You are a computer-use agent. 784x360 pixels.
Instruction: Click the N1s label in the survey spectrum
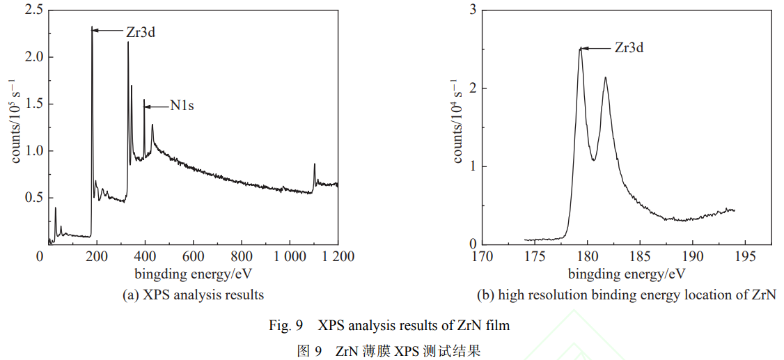click(182, 107)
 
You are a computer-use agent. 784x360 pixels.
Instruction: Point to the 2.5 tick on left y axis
click(33, 10)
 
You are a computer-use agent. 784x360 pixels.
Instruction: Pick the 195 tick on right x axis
click(745, 257)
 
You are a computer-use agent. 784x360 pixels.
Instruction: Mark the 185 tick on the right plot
click(640, 257)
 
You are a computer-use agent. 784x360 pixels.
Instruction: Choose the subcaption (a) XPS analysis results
click(193, 295)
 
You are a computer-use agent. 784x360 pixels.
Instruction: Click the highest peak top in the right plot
click(580, 49)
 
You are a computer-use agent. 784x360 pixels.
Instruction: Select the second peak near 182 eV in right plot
click(605, 77)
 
